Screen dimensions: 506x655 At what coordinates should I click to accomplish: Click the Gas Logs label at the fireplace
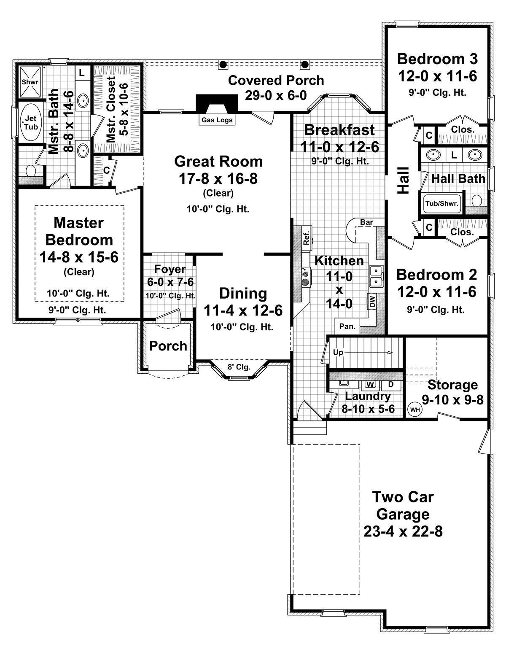(x=217, y=120)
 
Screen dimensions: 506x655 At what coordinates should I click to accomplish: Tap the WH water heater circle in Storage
(x=415, y=410)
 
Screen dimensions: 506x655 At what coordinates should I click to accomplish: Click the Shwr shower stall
(x=30, y=82)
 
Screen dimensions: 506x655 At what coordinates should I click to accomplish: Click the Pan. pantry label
(x=347, y=326)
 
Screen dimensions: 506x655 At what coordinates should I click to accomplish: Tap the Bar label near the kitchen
(x=366, y=222)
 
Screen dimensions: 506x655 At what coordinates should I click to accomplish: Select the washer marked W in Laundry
(x=371, y=385)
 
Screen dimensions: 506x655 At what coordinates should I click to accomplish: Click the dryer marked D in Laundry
(x=391, y=384)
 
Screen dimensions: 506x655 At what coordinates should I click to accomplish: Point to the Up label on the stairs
(x=338, y=352)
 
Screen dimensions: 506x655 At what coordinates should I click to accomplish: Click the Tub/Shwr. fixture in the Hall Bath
(x=442, y=203)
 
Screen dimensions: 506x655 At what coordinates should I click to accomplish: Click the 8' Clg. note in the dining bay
(x=239, y=367)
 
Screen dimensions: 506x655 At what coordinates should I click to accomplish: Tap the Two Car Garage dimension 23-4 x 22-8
(x=403, y=531)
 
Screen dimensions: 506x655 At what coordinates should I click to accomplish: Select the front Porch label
(x=168, y=346)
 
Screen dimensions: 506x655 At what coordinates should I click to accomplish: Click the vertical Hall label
(x=404, y=180)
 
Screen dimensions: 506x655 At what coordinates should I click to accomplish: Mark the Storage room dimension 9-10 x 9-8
(x=452, y=400)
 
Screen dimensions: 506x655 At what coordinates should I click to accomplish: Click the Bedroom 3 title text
(x=437, y=59)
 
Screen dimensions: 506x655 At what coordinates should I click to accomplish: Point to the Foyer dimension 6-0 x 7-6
(x=170, y=282)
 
